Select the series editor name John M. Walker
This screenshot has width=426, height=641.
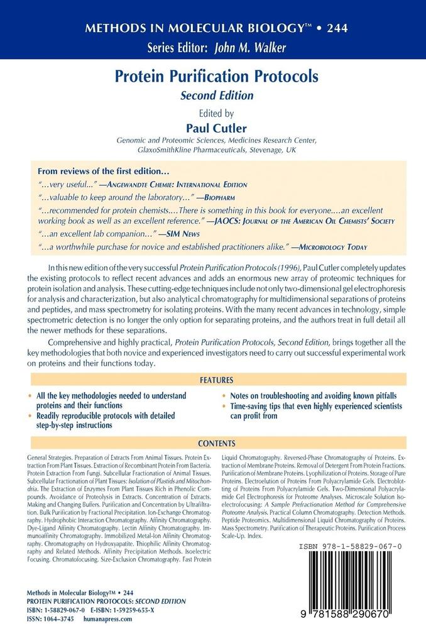tap(243, 47)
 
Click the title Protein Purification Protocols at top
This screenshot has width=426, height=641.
tap(216, 77)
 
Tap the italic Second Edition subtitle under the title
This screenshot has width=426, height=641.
tap(216, 96)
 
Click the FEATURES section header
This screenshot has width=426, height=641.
tap(216, 380)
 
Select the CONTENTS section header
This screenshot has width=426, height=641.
tap(216, 443)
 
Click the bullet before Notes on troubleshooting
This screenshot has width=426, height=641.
tap(224, 397)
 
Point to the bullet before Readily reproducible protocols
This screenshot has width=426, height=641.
tap(31, 416)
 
